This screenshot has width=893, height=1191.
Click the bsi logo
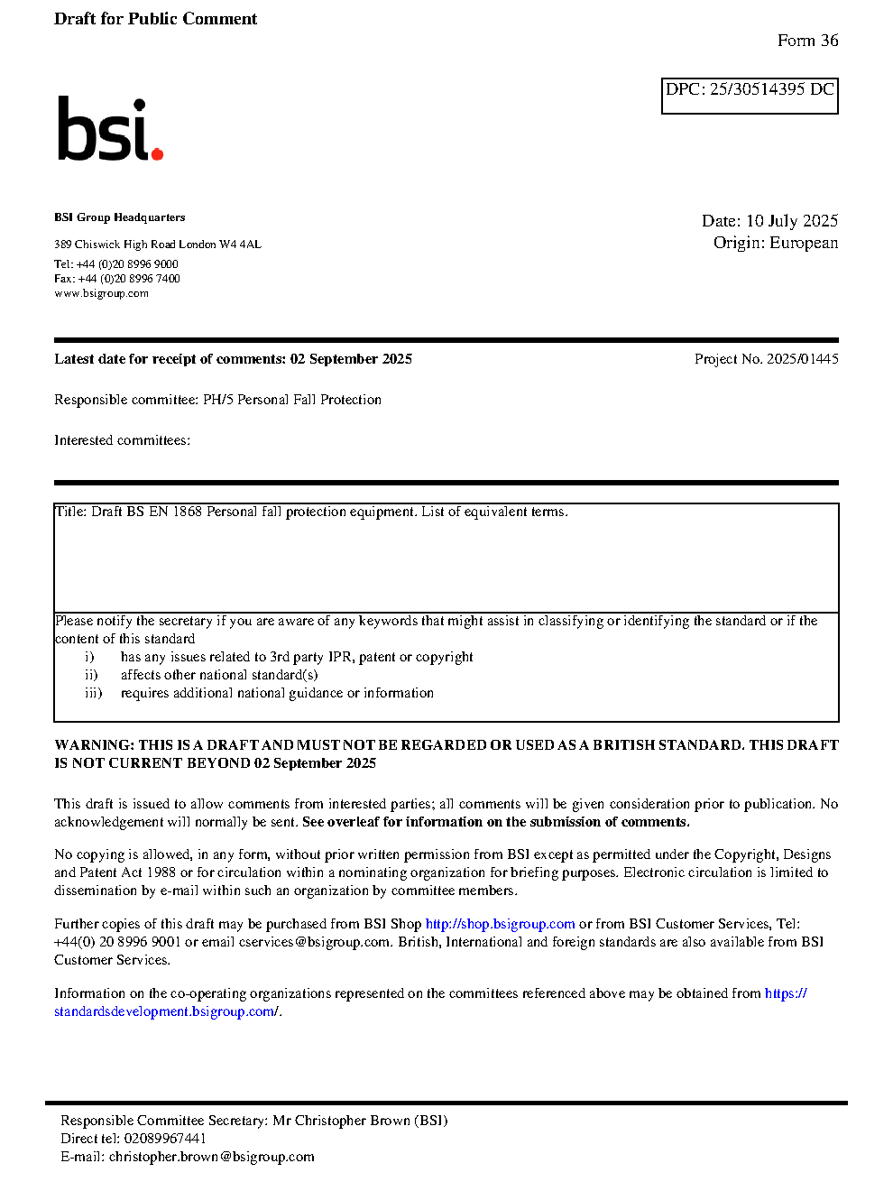(x=109, y=130)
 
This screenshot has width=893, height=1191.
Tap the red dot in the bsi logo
(x=158, y=154)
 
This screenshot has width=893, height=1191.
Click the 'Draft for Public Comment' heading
(x=155, y=19)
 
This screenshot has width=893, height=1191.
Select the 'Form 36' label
(x=807, y=41)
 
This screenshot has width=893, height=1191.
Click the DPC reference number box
(x=750, y=95)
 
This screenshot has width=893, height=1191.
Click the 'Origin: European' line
(x=775, y=243)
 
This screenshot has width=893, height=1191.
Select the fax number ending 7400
(x=129, y=279)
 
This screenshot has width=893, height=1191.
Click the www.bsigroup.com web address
(x=101, y=293)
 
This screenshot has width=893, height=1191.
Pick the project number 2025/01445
(x=802, y=359)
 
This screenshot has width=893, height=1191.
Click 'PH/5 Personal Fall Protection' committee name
(x=291, y=400)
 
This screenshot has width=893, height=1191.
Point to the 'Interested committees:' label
(x=122, y=440)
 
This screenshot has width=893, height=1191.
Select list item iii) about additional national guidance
(x=276, y=693)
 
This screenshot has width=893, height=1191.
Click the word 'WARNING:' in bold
(x=94, y=745)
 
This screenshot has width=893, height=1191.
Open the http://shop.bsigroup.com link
(x=500, y=924)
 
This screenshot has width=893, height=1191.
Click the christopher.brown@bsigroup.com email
(x=211, y=1157)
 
